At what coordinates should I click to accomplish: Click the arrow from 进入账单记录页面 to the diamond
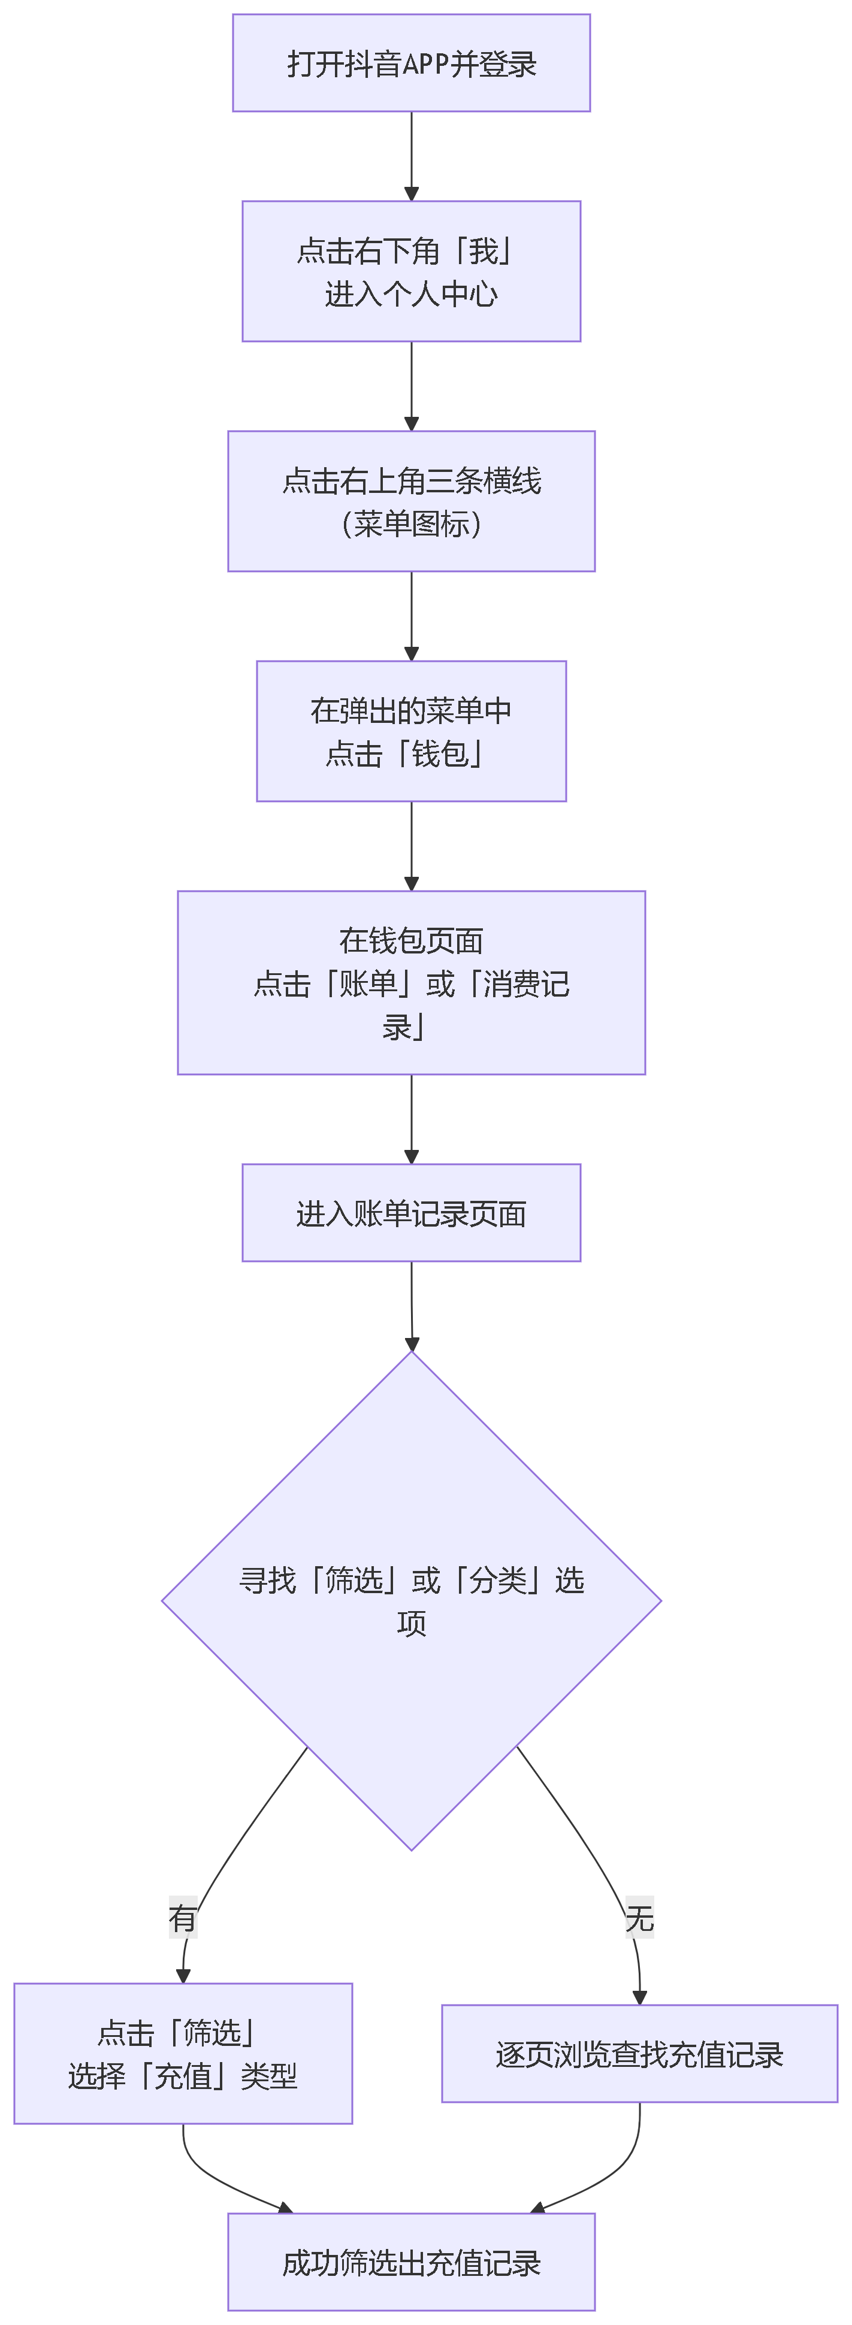(x=412, y=1304)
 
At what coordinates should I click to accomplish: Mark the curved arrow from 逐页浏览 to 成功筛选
(x=614, y=2175)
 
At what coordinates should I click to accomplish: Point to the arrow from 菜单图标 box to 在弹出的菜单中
(x=412, y=614)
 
